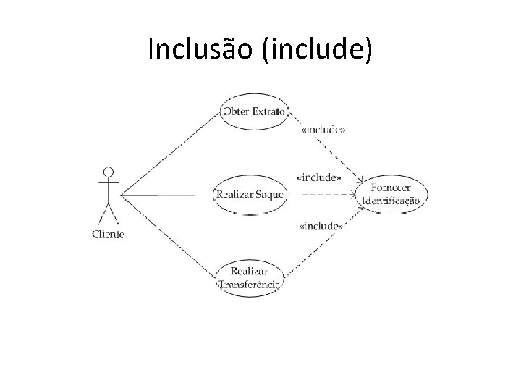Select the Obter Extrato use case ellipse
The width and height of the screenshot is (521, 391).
click(x=254, y=112)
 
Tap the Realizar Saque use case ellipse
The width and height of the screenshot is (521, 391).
click(x=250, y=194)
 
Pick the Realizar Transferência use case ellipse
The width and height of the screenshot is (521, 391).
click(x=250, y=277)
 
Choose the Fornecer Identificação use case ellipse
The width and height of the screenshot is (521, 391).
click(x=391, y=194)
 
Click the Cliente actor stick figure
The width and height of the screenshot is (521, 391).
click(x=109, y=195)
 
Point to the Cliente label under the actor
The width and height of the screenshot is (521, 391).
click(x=109, y=233)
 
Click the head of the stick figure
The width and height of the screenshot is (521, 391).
click(x=109, y=172)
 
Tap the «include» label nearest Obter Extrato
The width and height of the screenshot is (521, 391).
click(x=322, y=130)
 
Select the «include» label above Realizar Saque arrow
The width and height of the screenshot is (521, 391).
click(x=319, y=177)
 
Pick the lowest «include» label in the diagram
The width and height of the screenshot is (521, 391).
click(x=321, y=226)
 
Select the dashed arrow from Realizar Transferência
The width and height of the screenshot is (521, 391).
click(x=326, y=239)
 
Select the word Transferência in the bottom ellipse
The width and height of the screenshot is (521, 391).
click(x=250, y=284)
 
